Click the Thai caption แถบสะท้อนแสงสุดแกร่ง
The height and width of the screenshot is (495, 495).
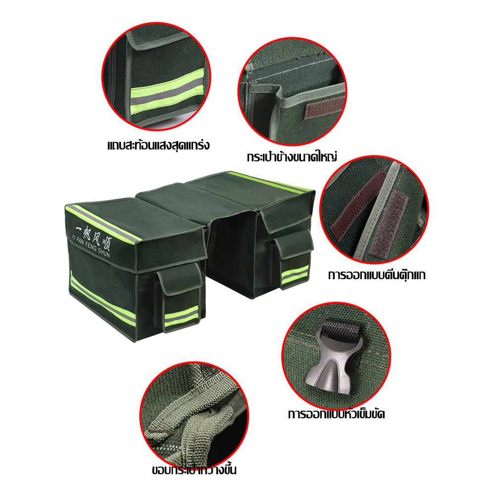click(158, 146)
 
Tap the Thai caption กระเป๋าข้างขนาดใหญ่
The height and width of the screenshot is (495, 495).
click(292, 157)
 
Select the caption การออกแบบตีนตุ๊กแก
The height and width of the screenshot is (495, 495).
click(377, 275)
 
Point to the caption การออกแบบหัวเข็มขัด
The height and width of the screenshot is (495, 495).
click(336, 414)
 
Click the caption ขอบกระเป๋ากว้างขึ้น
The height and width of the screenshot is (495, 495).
click(194, 470)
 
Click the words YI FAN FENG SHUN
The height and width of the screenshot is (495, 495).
click(91, 246)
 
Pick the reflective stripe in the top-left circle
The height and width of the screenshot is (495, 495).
click(167, 91)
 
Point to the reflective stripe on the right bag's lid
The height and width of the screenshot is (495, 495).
click(270, 182)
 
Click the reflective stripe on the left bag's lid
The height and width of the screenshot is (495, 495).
click(103, 224)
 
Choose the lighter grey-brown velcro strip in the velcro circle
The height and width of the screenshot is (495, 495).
click(388, 223)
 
